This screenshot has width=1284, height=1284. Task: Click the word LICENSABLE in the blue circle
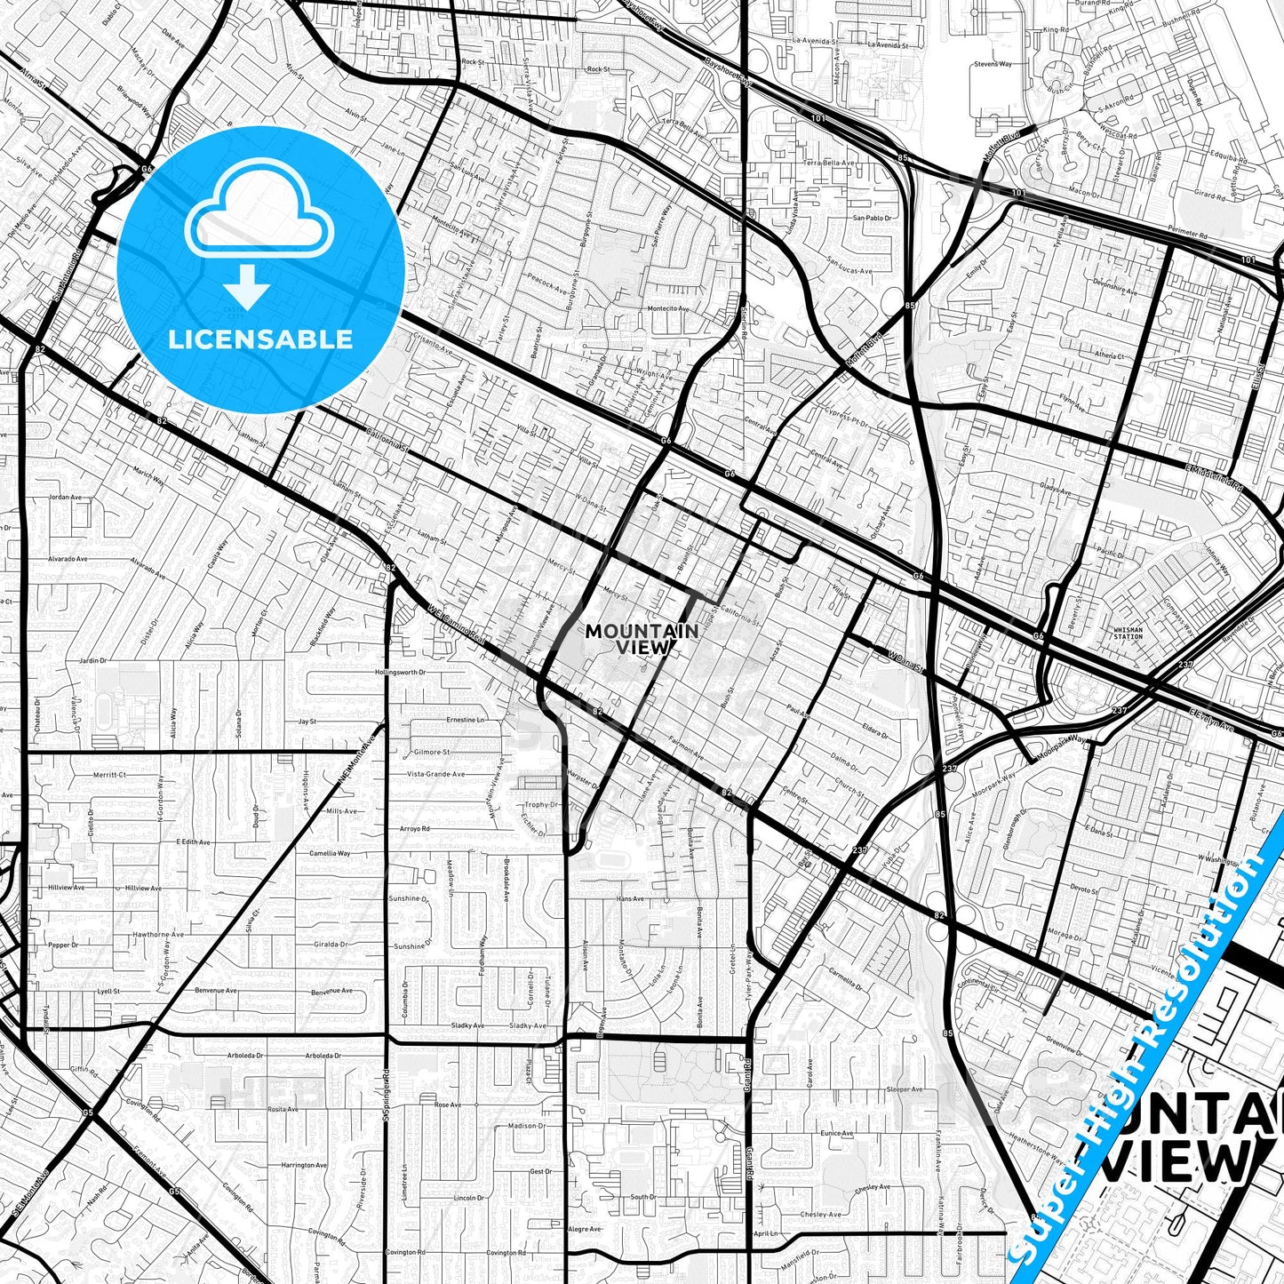click(260, 339)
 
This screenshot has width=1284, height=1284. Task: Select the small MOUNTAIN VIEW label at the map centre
click(642, 639)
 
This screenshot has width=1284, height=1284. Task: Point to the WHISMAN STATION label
click(1128, 633)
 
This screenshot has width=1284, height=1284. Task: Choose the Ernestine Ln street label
click(466, 720)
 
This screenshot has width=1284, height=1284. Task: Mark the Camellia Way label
click(330, 853)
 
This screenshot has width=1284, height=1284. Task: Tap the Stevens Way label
click(993, 64)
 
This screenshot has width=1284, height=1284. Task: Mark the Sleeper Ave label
click(905, 1089)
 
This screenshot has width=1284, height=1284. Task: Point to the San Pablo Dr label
click(872, 218)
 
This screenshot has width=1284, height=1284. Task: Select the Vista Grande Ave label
click(435, 774)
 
